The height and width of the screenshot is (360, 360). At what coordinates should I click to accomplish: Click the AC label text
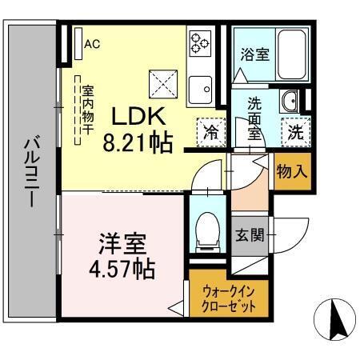click(x=92, y=43)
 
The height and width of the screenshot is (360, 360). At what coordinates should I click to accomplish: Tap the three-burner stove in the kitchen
click(x=198, y=42)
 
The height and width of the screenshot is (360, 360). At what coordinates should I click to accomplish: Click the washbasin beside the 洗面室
click(x=291, y=102)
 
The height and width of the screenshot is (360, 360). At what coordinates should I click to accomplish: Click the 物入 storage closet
click(x=290, y=171)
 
